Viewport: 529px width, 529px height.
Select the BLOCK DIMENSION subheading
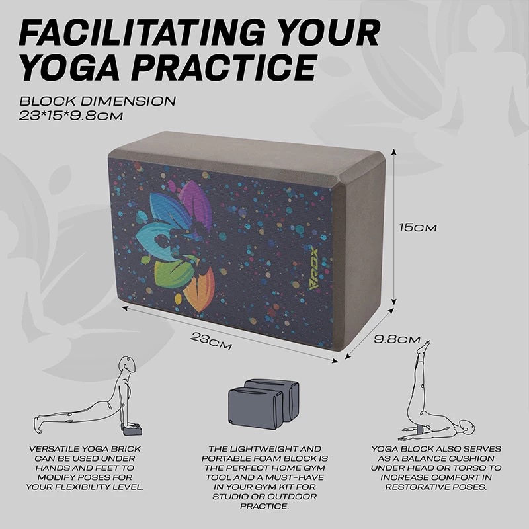97,102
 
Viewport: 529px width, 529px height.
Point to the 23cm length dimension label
212,341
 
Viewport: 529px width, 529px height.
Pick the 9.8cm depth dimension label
397,339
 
